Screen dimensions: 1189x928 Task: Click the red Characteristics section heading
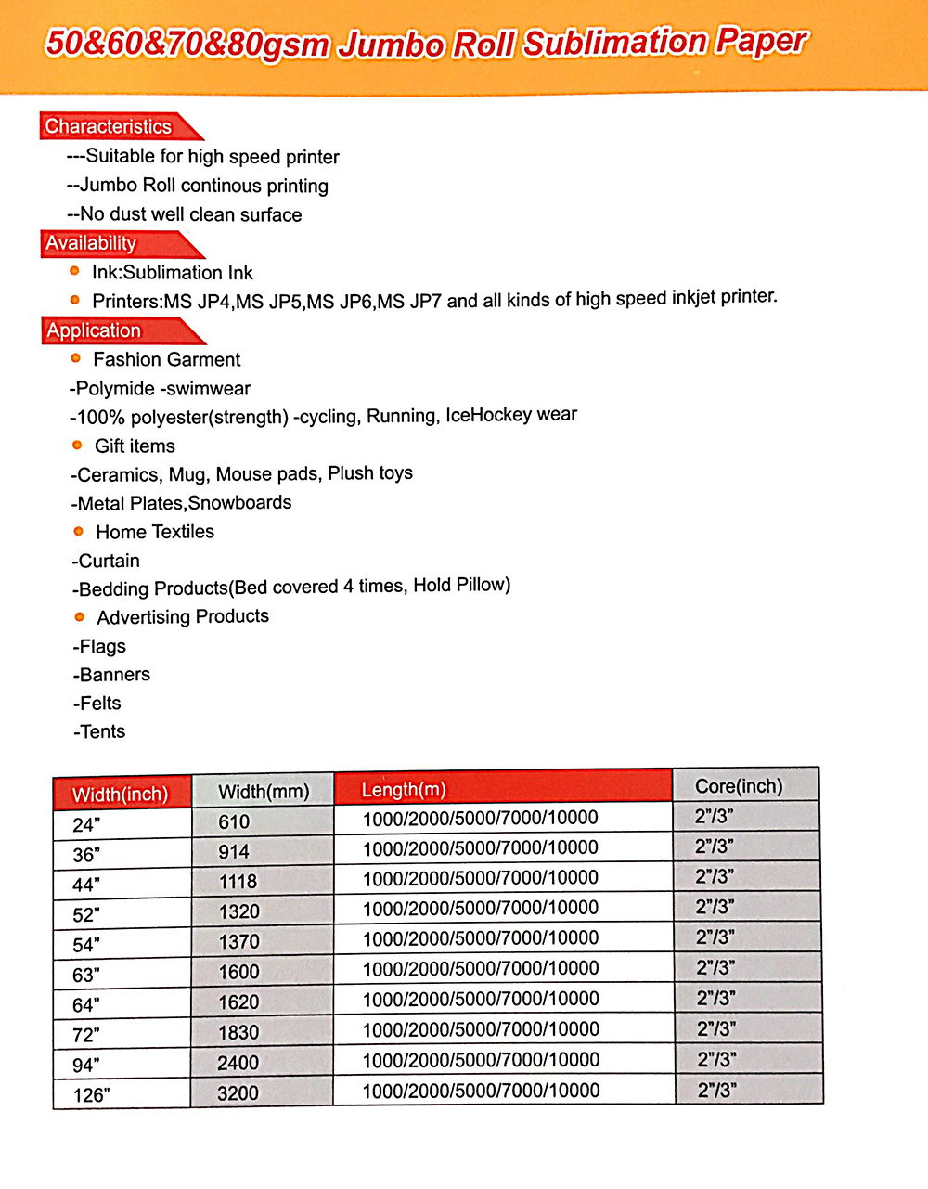click(x=110, y=126)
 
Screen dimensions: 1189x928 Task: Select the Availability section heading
click(x=92, y=243)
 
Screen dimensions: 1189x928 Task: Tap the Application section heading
click(x=94, y=330)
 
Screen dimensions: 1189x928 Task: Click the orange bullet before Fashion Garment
click(x=76, y=358)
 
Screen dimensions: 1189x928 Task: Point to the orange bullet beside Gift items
click(x=77, y=445)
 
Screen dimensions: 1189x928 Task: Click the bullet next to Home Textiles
click(x=78, y=531)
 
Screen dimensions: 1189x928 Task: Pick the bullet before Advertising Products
click(x=80, y=616)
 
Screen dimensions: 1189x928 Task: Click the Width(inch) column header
click(x=121, y=795)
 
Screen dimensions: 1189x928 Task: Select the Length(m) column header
click(x=404, y=790)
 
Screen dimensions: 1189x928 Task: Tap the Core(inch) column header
click(x=739, y=786)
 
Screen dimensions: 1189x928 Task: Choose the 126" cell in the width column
click(x=91, y=1095)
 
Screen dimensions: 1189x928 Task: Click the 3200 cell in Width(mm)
click(x=238, y=1093)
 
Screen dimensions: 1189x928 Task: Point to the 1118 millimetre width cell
click(x=238, y=882)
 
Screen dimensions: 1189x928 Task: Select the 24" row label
click(x=86, y=824)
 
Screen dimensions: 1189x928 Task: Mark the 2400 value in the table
click(x=238, y=1063)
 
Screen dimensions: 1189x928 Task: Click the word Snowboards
click(x=239, y=503)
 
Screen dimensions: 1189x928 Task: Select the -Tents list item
click(x=100, y=731)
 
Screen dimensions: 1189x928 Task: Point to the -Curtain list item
click(x=107, y=561)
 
